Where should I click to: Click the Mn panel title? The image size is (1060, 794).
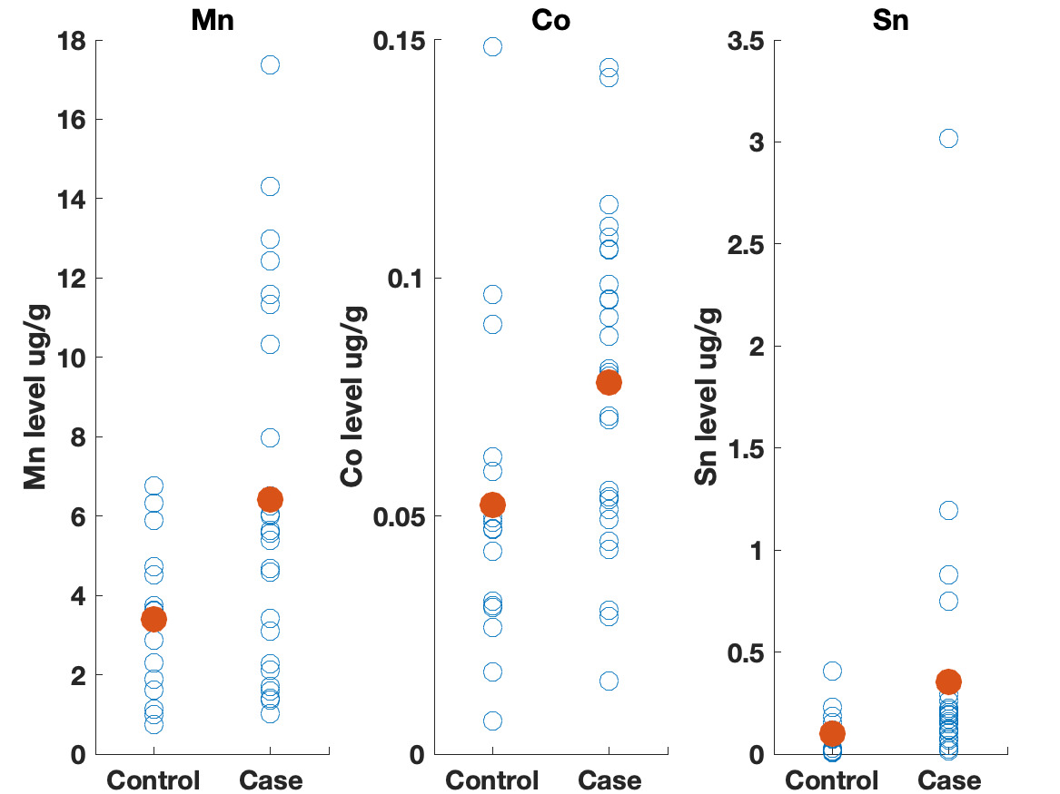pyautogui.click(x=212, y=20)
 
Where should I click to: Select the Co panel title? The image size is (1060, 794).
pyautogui.click(x=550, y=20)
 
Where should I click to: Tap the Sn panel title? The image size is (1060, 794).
pyautogui.click(x=889, y=20)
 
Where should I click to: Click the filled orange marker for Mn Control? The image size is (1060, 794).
pyautogui.click(x=154, y=619)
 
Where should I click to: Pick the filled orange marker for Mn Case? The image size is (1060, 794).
pyautogui.click(x=270, y=499)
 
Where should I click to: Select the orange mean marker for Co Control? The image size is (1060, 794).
pyautogui.click(x=492, y=505)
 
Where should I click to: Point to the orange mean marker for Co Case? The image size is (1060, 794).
pyautogui.click(x=609, y=382)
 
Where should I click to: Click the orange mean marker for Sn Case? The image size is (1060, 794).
pyautogui.click(x=948, y=681)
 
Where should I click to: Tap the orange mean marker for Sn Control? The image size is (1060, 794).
pyautogui.click(x=832, y=733)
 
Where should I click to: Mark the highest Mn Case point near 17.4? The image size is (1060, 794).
pyautogui.click(x=270, y=64)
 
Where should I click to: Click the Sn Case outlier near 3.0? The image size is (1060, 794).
pyautogui.click(x=948, y=138)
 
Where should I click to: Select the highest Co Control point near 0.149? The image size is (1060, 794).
pyautogui.click(x=492, y=46)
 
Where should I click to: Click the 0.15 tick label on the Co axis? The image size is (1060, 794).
pyautogui.click(x=401, y=41)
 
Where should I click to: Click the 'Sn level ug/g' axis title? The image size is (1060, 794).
pyautogui.click(x=708, y=397)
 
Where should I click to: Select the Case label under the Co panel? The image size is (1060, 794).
pyautogui.click(x=609, y=780)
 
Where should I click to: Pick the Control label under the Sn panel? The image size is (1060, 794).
pyautogui.click(x=832, y=780)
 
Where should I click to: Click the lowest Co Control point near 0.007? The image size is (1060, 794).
pyautogui.click(x=492, y=720)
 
